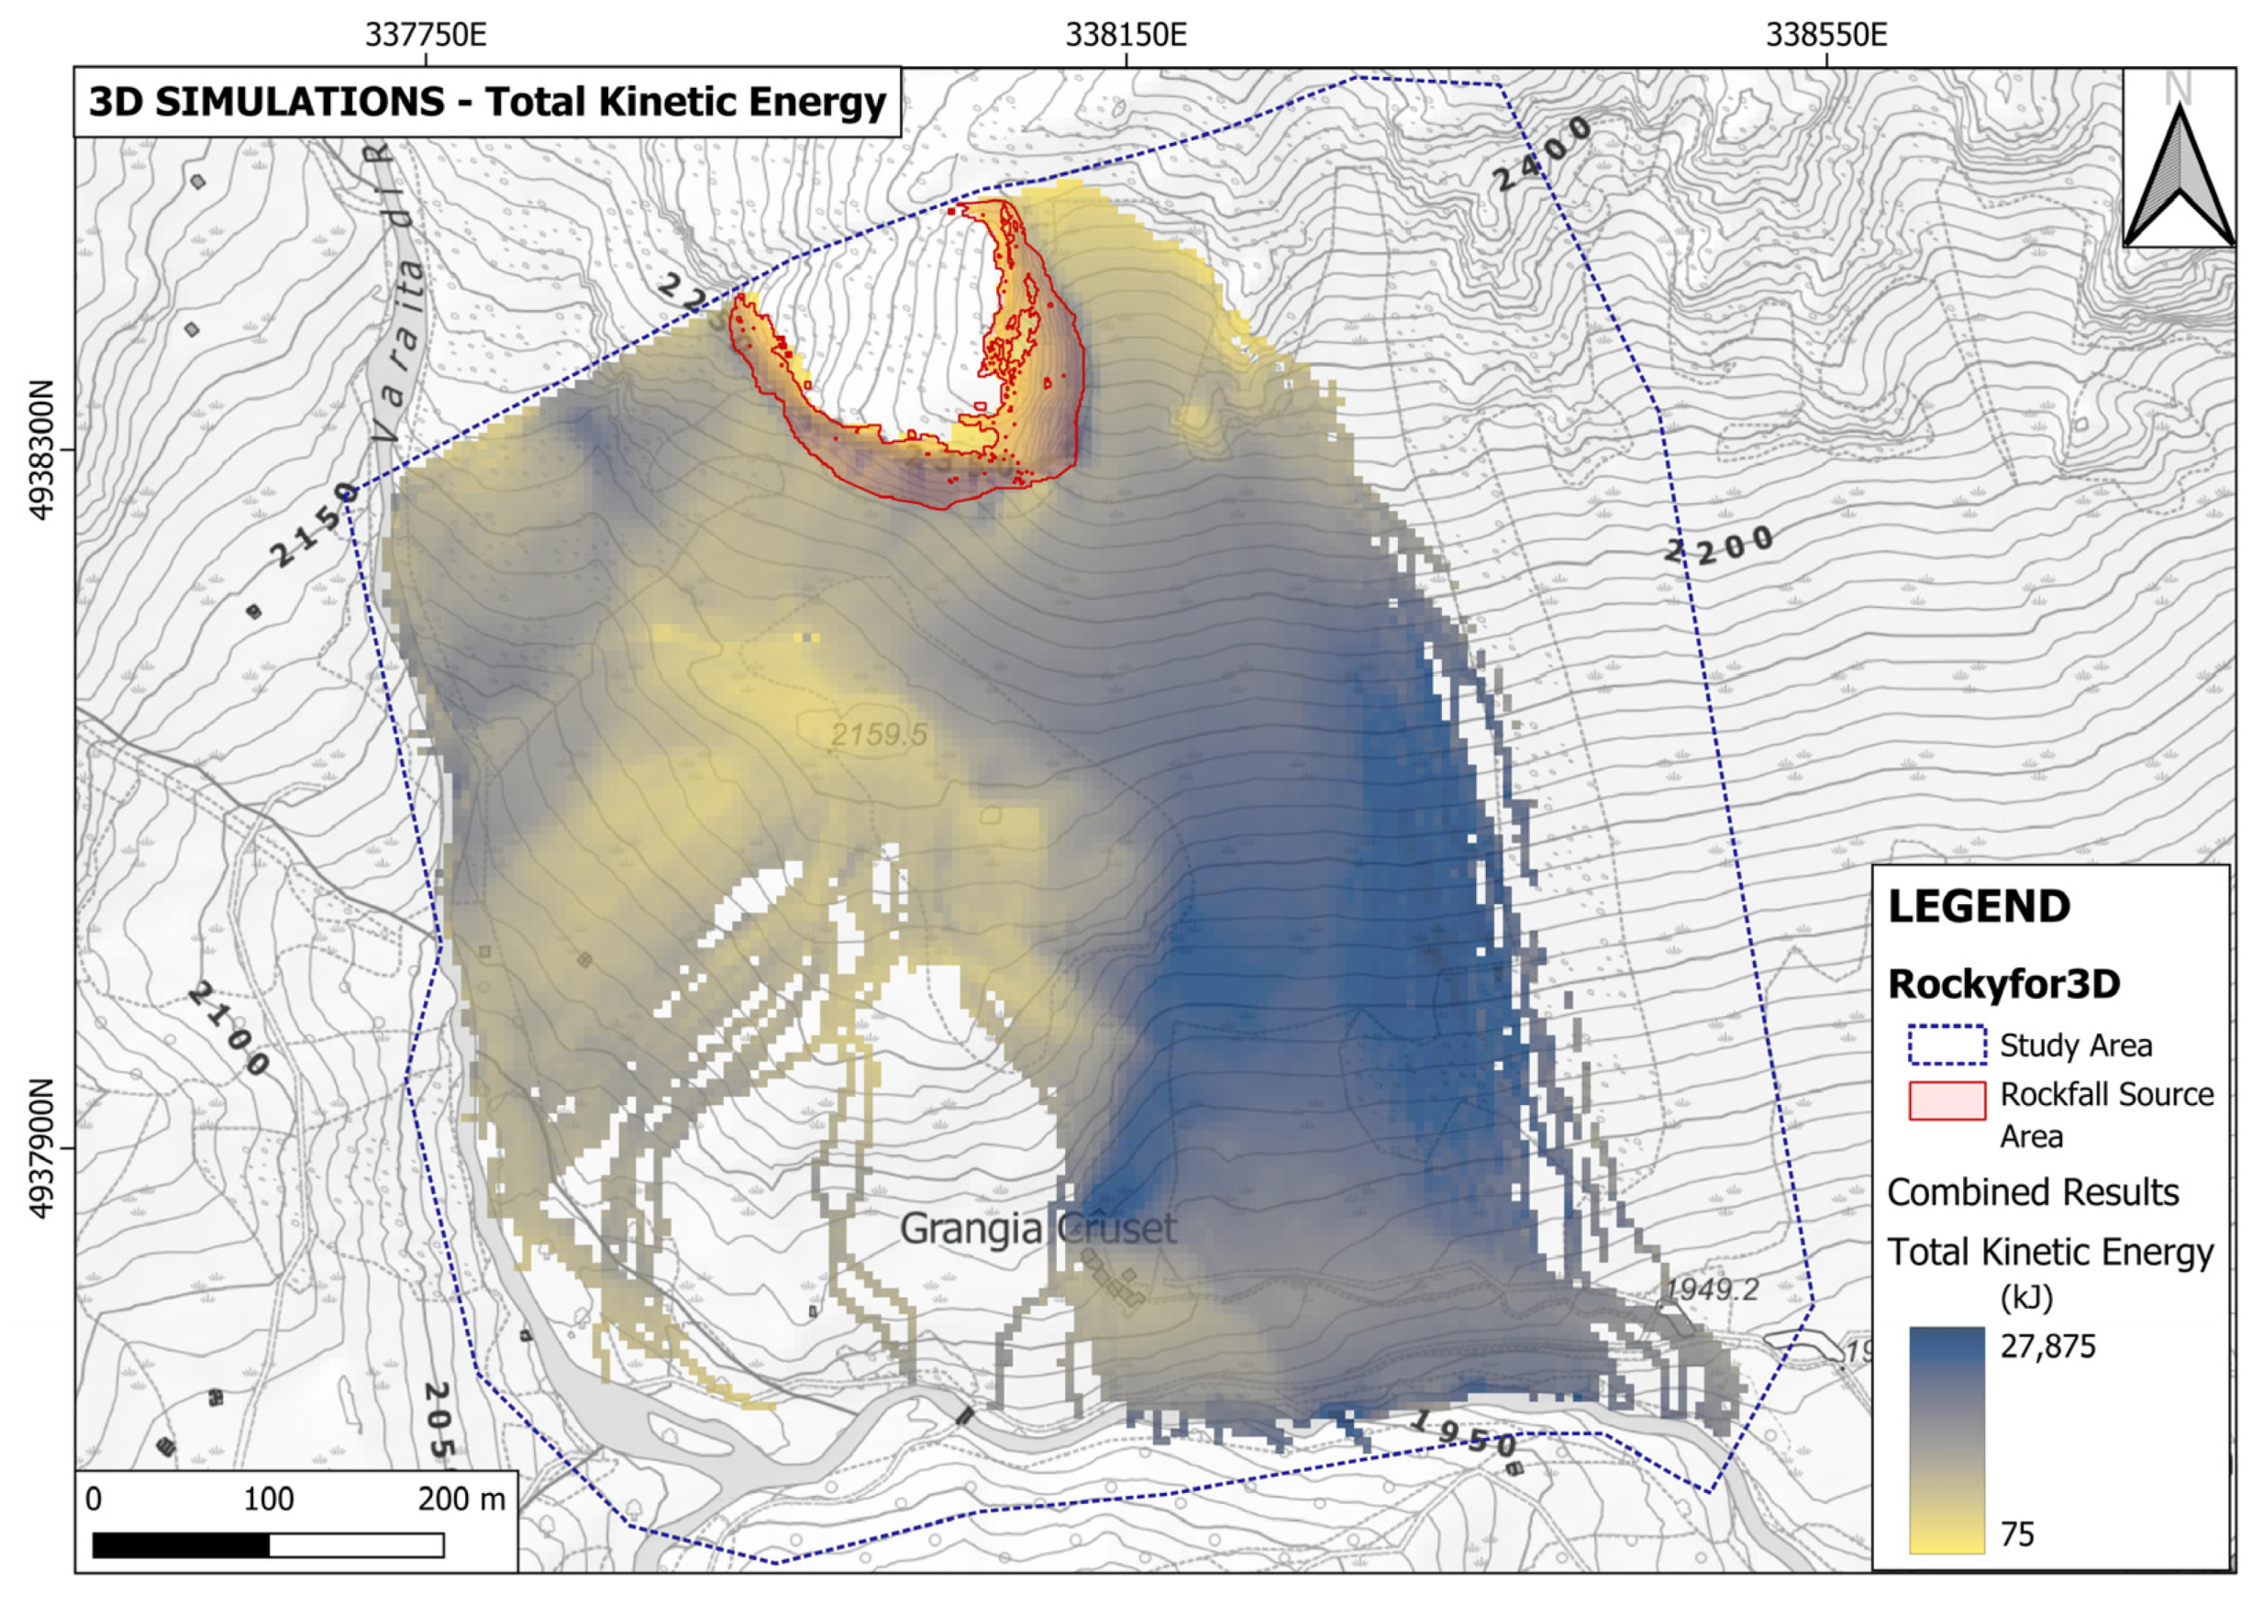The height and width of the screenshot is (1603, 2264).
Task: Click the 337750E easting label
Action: (x=426, y=36)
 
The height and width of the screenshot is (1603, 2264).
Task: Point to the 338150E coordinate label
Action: (x=1126, y=36)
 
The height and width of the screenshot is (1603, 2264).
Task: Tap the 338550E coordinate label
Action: (x=1826, y=36)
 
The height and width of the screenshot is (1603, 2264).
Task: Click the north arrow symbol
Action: (x=2178, y=178)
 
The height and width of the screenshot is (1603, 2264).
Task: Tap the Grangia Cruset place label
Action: (x=1038, y=1229)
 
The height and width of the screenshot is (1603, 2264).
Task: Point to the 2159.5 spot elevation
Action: (x=878, y=735)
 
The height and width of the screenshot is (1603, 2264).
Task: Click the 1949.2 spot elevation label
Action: (x=1711, y=1289)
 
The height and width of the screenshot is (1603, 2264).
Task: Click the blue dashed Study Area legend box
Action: (x=1946, y=1045)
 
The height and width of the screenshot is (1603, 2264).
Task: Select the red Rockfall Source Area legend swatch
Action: (x=1946, y=1100)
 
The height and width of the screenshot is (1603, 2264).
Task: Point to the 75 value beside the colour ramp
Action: (x=2017, y=1534)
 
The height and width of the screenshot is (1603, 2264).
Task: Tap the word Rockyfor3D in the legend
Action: (x=2003, y=984)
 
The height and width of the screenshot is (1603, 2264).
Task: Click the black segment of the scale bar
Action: (x=181, y=1544)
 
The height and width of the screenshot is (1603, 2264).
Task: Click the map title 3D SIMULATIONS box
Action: (x=487, y=103)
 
